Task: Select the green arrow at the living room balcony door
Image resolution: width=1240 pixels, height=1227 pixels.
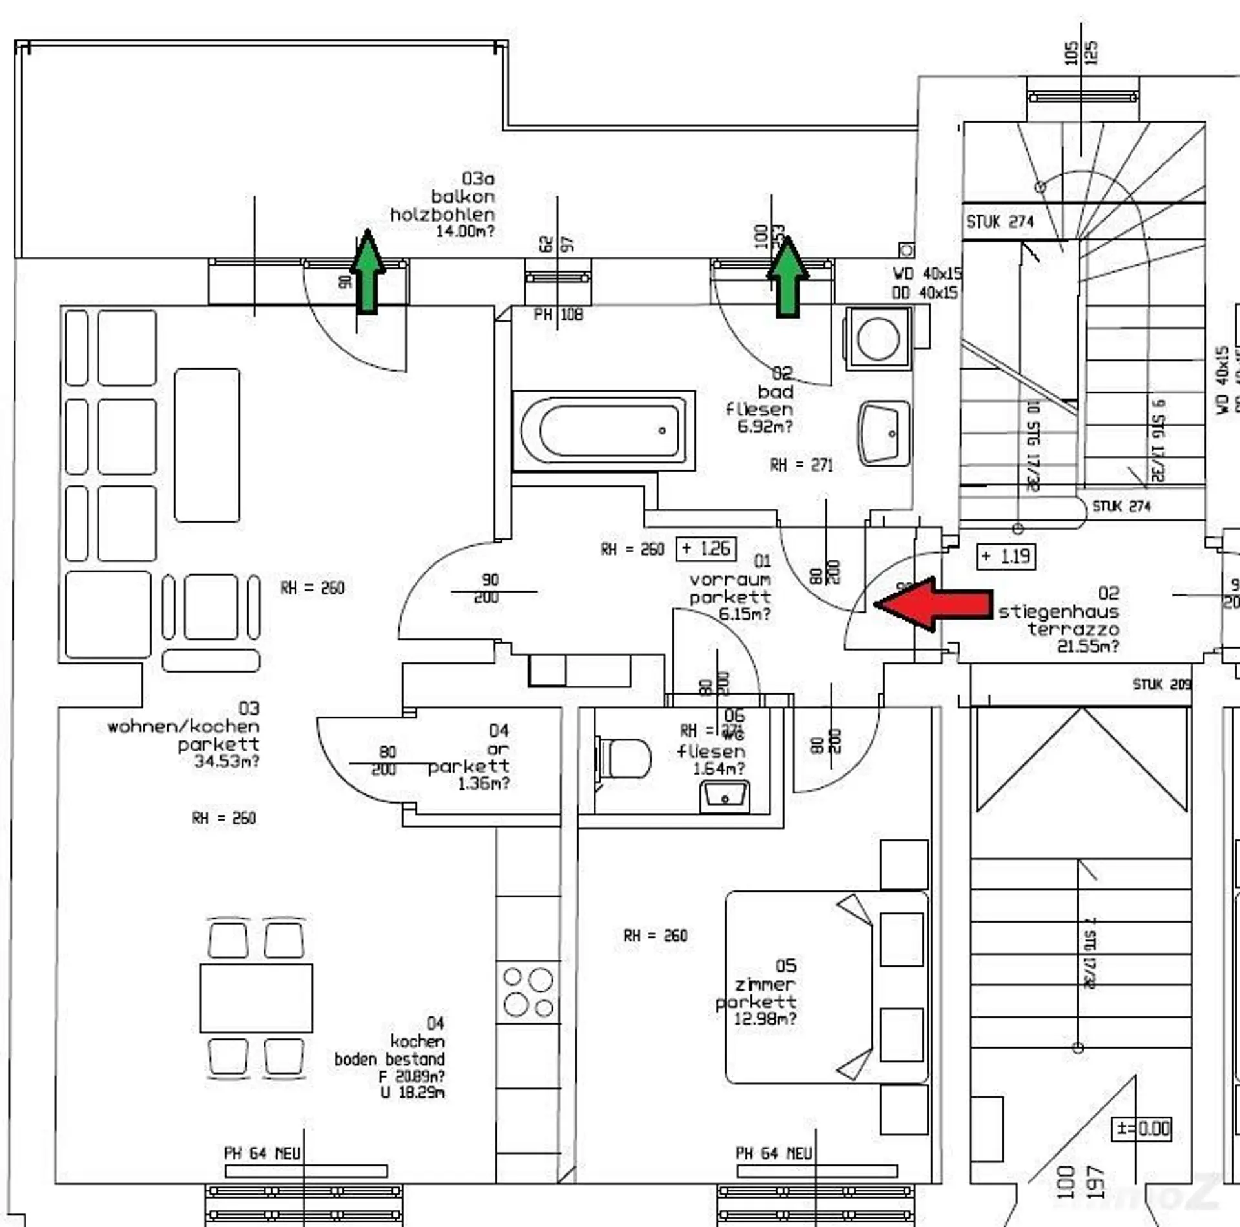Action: [x=367, y=272]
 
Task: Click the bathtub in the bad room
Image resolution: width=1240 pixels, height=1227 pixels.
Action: [x=604, y=430]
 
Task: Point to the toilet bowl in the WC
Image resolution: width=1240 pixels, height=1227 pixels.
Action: [x=625, y=758]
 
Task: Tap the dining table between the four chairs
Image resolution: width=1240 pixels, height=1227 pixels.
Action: [x=256, y=998]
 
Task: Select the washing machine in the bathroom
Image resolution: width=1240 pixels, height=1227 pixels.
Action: [x=878, y=338]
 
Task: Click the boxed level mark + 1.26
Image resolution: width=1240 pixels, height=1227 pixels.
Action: [x=706, y=549]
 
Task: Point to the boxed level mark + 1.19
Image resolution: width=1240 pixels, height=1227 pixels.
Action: [x=1006, y=556]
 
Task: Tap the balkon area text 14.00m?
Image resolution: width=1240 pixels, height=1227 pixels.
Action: [x=465, y=231]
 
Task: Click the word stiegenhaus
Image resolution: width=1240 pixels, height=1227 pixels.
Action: [x=1059, y=611]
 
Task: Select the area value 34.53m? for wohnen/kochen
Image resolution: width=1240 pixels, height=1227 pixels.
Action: [x=227, y=761]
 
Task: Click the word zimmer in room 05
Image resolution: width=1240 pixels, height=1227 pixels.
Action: [x=765, y=984]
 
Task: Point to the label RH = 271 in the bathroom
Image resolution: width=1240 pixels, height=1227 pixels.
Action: [x=801, y=465]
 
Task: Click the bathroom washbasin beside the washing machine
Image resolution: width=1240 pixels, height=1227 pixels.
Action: [x=883, y=433]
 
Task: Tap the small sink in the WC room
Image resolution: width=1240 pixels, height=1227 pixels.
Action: [x=725, y=796]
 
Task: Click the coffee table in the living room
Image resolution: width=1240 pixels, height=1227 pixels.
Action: [x=207, y=445]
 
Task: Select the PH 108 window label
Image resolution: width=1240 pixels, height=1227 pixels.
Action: [x=558, y=315]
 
